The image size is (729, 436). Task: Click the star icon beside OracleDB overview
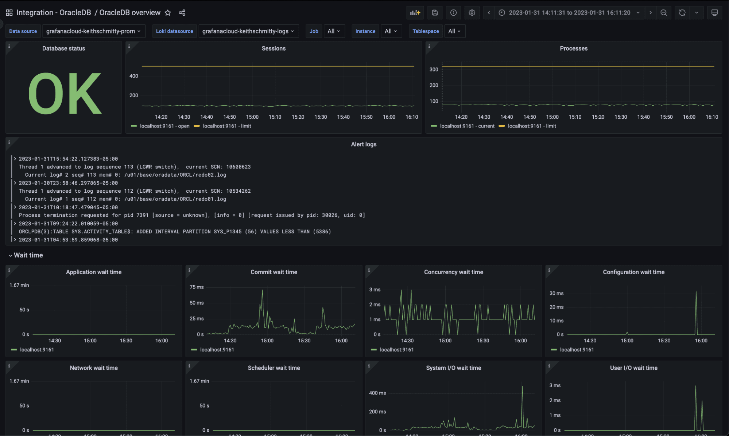coord(168,13)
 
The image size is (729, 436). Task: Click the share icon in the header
coord(182,13)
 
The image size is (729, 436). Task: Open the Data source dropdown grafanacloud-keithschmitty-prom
coord(93,31)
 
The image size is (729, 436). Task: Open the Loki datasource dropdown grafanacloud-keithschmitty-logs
coord(248,31)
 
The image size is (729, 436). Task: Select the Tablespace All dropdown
coord(454,31)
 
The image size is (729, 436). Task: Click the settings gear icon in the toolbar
coord(472,13)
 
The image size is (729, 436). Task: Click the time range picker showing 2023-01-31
coord(569,13)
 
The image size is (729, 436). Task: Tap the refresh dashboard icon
coord(682,13)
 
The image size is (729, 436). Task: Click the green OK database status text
coord(65,94)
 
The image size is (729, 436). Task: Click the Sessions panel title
coord(274,48)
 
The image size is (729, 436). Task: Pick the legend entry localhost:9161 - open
coord(164,126)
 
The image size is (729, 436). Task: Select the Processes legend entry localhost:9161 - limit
coord(531,126)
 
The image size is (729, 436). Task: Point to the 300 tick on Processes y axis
coord(434,70)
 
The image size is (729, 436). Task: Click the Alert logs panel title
coord(364,144)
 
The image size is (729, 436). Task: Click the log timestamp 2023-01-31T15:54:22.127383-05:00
coord(68,159)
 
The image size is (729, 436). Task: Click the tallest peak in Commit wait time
coord(262,290)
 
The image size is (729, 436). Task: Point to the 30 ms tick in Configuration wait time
coord(556,294)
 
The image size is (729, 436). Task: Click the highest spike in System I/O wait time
coord(522,386)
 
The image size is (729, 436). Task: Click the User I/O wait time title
coord(633,368)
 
